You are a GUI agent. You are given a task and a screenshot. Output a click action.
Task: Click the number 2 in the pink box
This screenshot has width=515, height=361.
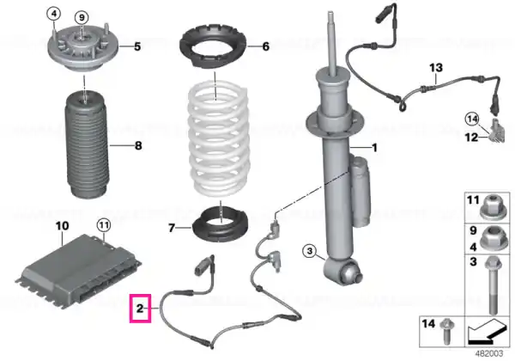pos(140,309)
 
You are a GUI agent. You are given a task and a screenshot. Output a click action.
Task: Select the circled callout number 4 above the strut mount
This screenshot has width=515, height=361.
pos(54,14)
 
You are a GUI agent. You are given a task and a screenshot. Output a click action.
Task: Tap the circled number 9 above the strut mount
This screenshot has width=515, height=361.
pos(82,17)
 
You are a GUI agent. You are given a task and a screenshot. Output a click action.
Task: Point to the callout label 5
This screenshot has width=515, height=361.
pos(137,46)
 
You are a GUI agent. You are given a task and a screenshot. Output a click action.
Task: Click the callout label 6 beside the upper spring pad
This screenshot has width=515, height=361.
pos(266,46)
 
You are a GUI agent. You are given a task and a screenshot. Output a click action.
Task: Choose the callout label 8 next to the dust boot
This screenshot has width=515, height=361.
pos(138,145)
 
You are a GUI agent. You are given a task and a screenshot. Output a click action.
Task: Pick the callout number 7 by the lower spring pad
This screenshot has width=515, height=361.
pos(172,228)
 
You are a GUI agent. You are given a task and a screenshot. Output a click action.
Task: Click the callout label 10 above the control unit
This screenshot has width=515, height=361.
pos(62,226)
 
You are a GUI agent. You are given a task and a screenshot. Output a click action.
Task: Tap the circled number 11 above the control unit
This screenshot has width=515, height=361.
pos(104,225)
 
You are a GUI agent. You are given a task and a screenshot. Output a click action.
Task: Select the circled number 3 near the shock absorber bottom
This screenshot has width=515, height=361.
pos(309,252)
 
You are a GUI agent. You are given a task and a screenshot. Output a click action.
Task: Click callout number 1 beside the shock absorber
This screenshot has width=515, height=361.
pos(374,148)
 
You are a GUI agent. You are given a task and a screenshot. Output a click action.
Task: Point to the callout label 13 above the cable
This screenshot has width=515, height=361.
pos(436,68)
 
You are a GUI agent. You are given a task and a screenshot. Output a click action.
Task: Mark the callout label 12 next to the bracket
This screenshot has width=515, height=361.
pos(471,137)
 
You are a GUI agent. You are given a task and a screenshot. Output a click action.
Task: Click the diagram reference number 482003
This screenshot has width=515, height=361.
pos(489,353)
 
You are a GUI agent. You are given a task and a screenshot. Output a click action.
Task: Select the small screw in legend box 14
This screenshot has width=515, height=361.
pos(446,331)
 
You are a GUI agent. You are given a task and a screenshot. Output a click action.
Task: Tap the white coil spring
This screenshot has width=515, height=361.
pos(218,139)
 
